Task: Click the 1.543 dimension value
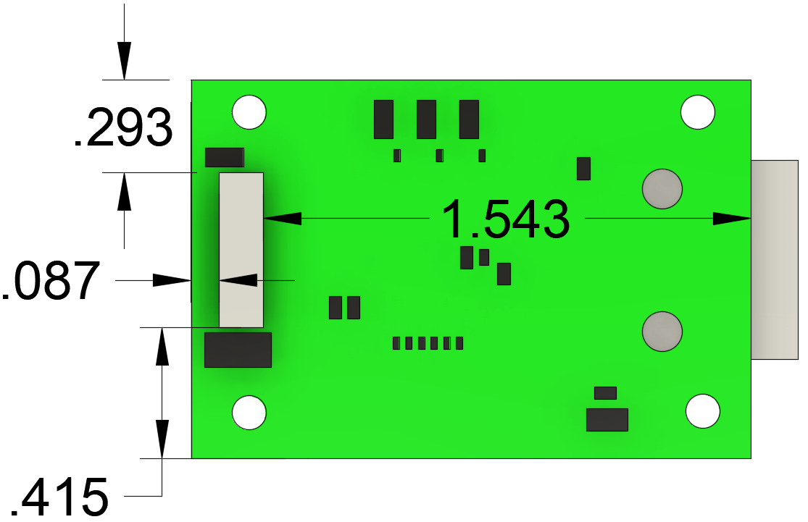tap(506, 219)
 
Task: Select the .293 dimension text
tap(123, 128)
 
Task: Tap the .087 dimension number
tap(49, 282)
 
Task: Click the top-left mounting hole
tap(249, 112)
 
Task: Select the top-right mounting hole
tap(698, 112)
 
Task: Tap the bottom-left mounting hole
tap(249, 413)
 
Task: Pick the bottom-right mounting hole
tap(702, 411)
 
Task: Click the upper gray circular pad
tap(662, 189)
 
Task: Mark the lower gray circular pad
tap(662, 332)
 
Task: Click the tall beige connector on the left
tap(241, 250)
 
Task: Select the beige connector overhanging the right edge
tap(775, 259)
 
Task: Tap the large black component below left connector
tap(238, 350)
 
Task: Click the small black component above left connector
tap(225, 157)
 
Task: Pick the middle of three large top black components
tap(426, 119)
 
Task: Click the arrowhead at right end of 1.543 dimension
tap(732, 219)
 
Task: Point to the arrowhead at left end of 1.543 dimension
tap(283, 218)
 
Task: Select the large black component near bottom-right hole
tap(607, 420)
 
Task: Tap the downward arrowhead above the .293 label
tap(125, 61)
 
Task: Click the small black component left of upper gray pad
tap(583, 169)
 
